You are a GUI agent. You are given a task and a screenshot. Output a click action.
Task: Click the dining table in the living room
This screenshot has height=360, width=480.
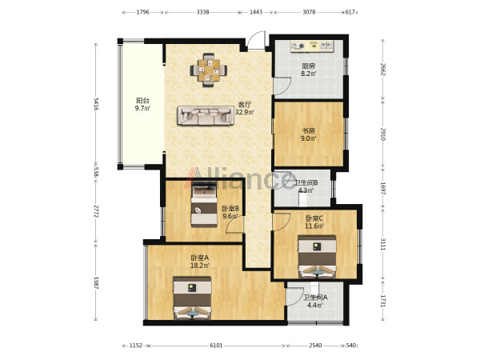pos(209,70)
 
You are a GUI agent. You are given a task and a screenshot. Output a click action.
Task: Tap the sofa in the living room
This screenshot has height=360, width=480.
pos(205,115)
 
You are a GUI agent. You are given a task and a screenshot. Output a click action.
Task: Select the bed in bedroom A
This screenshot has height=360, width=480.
pos(192,298)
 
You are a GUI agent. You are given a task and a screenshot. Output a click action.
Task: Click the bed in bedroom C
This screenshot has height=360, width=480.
pos(317,257)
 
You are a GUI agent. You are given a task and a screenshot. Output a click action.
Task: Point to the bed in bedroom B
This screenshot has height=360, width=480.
pos(204,204)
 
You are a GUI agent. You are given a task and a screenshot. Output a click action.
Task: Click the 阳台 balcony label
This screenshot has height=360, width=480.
pos(142,101)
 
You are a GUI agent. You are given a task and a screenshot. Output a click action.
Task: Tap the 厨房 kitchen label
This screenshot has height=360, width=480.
pos(308,66)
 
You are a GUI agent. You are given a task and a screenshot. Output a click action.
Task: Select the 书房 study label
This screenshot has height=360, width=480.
pos(308,130)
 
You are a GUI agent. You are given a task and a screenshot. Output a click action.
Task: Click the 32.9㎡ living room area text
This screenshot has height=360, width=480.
pos(245,112)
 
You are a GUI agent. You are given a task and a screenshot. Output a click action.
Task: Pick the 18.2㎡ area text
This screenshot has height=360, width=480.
pos(200,266)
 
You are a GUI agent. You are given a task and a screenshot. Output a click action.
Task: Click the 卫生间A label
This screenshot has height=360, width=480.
pos(315,298)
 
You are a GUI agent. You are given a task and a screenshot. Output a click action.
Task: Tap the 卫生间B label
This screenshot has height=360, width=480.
pos(306,182)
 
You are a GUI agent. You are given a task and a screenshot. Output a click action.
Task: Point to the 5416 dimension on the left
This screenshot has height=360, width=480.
pos(96,104)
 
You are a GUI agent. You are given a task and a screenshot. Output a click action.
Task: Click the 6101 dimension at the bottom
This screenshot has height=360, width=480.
pos(216,346)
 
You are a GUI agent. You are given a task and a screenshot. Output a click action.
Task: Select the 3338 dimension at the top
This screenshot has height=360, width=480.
pos(202,12)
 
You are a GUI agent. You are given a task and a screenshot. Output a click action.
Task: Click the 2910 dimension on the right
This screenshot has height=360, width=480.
pos(382,134)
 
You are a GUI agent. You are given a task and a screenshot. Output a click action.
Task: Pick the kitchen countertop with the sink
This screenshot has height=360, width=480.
pos(312,46)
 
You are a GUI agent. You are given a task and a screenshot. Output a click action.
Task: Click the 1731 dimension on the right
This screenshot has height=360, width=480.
pos(382,301)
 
